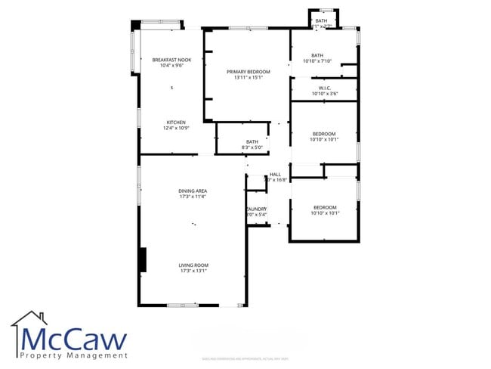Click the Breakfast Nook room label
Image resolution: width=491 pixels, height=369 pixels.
coord(171,60)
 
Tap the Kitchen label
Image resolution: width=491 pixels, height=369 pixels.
coord(176,122)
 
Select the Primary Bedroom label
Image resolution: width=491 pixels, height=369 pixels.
coord(248,71)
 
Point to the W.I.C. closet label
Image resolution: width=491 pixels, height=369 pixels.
coord(324,88)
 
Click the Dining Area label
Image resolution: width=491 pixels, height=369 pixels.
coord(193,191)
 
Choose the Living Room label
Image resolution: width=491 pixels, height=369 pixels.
coord(193,265)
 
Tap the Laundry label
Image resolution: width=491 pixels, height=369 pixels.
coord(256,209)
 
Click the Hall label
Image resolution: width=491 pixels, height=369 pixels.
coord(275,175)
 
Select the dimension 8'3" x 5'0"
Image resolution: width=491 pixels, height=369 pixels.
coord(252,147)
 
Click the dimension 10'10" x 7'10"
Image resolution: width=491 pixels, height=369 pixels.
coord(317,60)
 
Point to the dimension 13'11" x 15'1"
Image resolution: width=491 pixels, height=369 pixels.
coord(248,76)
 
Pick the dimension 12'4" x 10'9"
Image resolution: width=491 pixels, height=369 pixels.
coord(176,128)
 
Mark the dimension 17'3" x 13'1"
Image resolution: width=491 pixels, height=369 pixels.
coord(193,271)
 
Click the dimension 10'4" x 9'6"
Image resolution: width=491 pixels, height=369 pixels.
coord(171,66)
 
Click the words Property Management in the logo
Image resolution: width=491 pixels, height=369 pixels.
coord(74,355)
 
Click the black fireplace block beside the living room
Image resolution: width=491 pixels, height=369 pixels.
coord(141,259)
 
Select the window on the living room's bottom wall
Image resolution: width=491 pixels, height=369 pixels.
coord(183,305)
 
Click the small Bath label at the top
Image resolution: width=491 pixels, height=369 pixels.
coord(321,20)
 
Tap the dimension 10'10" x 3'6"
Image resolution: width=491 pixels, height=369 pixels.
coord(324,94)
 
